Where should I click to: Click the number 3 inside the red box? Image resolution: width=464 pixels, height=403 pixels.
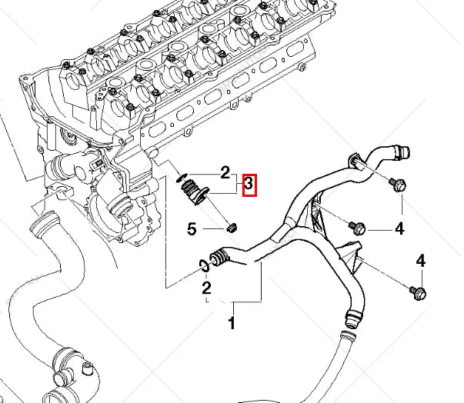(x=249, y=185)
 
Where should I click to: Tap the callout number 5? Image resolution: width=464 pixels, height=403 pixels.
(x=192, y=228)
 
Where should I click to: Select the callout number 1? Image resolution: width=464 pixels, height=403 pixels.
(x=232, y=322)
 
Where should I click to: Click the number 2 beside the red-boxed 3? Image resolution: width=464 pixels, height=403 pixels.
(x=225, y=173)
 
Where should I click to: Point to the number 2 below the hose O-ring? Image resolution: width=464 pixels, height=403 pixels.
(x=206, y=288)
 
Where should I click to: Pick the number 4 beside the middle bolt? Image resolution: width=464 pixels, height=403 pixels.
(x=400, y=228)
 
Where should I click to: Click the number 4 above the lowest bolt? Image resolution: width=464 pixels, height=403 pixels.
(x=420, y=261)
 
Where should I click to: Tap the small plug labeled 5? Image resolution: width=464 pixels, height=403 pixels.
(x=232, y=228)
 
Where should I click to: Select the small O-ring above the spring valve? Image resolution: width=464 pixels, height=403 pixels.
(x=181, y=178)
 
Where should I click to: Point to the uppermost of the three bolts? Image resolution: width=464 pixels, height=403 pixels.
(x=398, y=185)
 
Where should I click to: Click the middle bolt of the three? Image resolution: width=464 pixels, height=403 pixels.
(x=358, y=228)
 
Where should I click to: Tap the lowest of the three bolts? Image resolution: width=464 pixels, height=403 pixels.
(x=418, y=293)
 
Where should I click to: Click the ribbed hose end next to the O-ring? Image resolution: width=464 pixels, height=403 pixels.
(x=219, y=257)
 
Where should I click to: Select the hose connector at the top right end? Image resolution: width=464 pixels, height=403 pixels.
(x=400, y=151)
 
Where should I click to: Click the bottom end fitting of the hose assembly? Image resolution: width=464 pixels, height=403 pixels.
(x=353, y=318)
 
